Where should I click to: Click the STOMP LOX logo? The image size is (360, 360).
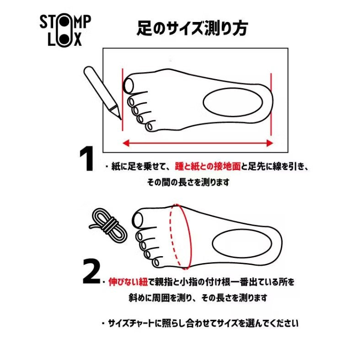tap(65, 30)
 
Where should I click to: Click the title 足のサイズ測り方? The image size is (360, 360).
tap(192, 28)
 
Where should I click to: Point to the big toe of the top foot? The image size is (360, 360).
tap(129, 85)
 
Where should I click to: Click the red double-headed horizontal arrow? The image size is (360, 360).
tap(198, 143)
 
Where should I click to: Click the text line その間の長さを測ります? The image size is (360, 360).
tap(188, 182)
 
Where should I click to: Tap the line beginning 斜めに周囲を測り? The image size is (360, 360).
tap(198, 297)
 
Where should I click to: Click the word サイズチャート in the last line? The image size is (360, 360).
tap(130, 323)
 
